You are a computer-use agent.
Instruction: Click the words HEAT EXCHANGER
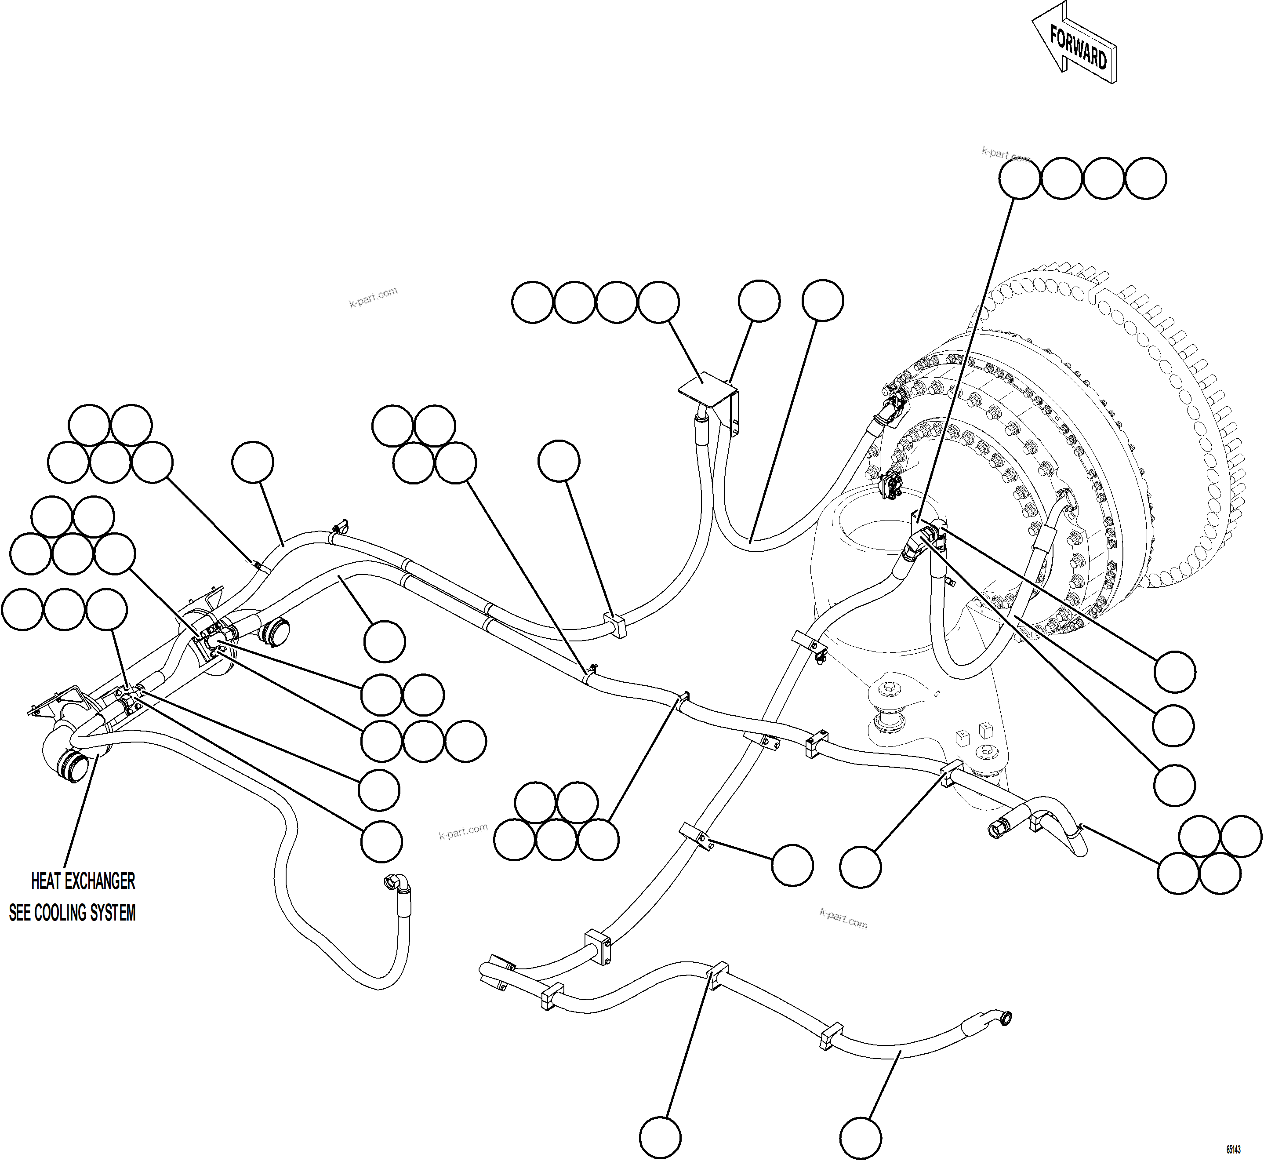[x=83, y=881]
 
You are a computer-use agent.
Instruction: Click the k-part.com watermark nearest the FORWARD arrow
[x=1005, y=154]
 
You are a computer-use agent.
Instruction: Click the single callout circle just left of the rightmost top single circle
[x=759, y=301]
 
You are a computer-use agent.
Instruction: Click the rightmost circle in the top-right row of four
[x=1146, y=178]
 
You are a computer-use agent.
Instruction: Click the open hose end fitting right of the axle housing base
[x=999, y=829]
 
